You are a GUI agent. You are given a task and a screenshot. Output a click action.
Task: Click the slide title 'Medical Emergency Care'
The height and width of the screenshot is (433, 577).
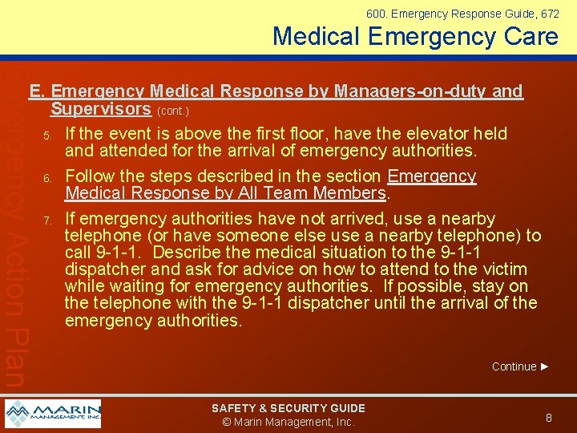click(x=415, y=36)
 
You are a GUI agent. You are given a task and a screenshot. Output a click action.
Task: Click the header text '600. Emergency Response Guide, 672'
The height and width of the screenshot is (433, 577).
click(x=462, y=14)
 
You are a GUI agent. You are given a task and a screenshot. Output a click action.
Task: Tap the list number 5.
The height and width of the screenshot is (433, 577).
click(x=47, y=134)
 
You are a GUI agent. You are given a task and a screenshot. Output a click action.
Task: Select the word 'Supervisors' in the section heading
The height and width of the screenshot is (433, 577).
click(x=100, y=109)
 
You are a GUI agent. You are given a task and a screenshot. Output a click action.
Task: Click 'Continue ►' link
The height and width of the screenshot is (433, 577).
click(x=520, y=366)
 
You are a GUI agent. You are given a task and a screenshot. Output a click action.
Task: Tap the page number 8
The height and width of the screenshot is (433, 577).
click(x=549, y=417)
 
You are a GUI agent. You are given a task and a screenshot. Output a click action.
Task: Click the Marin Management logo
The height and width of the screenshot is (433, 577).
click(x=53, y=414)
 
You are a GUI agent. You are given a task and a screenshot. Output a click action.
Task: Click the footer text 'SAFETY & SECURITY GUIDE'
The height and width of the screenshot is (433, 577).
click(x=288, y=408)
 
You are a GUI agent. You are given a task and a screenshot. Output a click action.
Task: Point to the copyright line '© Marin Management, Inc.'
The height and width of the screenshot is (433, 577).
click(x=288, y=422)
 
